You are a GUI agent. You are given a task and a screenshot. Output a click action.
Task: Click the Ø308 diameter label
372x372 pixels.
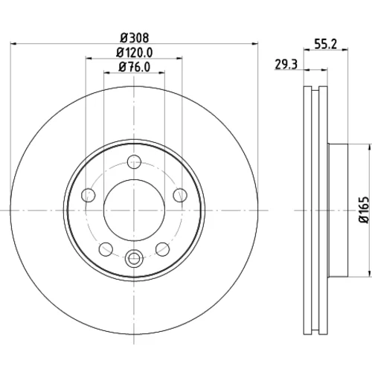[x=135, y=38]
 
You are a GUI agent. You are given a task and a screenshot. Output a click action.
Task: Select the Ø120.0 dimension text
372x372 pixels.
[x=135, y=52]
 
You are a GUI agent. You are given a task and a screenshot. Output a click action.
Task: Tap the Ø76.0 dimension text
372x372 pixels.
[x=135, y=67]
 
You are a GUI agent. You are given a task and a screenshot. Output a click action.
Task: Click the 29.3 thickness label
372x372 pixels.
[x=286, y=65]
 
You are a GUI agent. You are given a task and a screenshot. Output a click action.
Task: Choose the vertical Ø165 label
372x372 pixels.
[x=365, y=210]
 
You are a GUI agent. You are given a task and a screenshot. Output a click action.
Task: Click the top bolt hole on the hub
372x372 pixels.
[x=134, y=161]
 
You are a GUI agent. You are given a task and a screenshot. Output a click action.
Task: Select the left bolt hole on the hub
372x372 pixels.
[x=89, y=195]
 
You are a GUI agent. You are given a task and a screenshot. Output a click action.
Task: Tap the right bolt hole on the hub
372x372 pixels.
[x=180, y=195]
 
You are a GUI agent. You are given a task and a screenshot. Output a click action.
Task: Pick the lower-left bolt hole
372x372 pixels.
[x=106, y=249]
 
